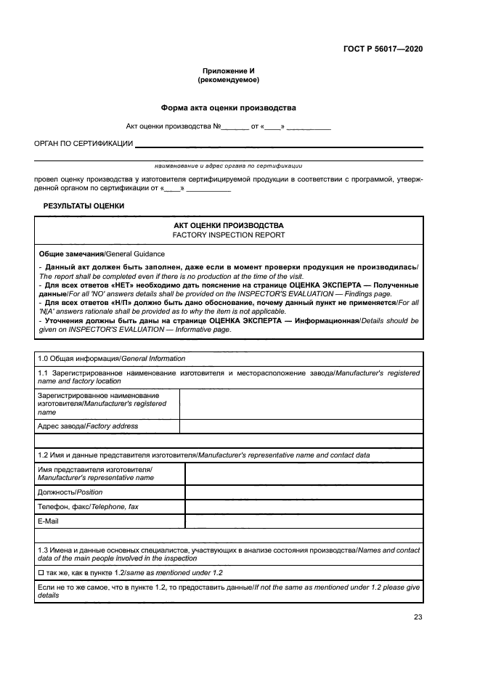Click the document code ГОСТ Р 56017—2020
click(383, 49)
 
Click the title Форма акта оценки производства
click(228, 107)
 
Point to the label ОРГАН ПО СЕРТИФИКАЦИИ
click(83, 144)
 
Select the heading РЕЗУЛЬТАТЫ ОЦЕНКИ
click(84, 206)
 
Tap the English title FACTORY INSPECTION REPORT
click(228, 235)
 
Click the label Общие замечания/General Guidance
click(102, 254)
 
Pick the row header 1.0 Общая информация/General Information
click(111, 359)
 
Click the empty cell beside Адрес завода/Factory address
click(301, 426)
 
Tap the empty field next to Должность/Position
click(304, 492)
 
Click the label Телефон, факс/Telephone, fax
click(88, 507)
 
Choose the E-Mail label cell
click(48, 521)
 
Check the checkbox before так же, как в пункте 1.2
click(40, 573)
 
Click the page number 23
click(418, 617)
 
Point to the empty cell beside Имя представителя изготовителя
click(304, 474)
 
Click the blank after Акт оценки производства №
click(235, 127)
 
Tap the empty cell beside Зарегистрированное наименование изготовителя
click(301, 404)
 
